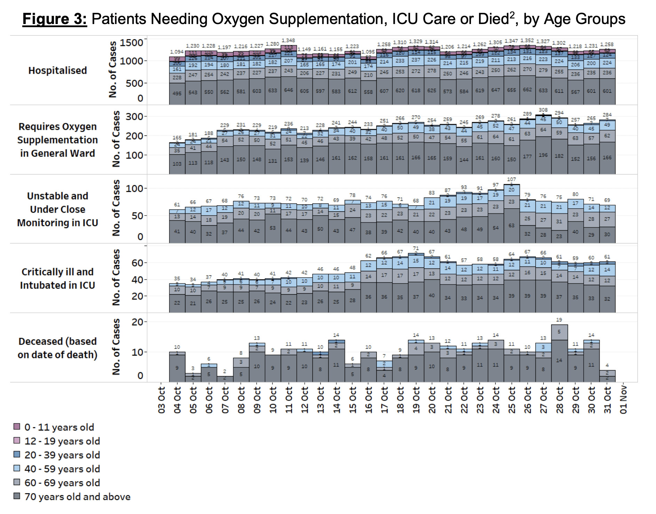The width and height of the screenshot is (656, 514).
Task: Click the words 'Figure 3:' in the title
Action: coord(55,19)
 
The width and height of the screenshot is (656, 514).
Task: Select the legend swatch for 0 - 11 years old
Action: coord(17,427)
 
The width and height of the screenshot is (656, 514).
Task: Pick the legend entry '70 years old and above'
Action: coord(77,497)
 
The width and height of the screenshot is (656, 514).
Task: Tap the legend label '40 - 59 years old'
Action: coord(62,469)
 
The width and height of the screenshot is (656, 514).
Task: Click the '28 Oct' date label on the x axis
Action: coord(559,399)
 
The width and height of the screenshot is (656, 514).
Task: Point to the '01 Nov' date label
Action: coord(623,399)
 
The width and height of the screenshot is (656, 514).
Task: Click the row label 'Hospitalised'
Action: coord(57,70)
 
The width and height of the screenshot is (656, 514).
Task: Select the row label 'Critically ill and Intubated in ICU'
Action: coord(57,278)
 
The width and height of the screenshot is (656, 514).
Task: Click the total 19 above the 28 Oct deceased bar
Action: coord(559,320)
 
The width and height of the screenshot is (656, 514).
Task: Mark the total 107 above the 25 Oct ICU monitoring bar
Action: coord(511,179)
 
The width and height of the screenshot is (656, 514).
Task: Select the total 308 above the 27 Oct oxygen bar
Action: coord(543,110)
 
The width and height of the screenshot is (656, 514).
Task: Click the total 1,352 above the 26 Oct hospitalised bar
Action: coord(527,41)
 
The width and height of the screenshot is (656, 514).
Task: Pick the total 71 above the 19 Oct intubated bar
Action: coord(416,248)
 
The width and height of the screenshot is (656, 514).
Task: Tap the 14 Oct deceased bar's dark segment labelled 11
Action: coord(336,365)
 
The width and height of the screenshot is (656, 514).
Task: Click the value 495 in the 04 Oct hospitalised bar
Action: coord(177,93)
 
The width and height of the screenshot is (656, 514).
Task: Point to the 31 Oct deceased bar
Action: coord(607,376)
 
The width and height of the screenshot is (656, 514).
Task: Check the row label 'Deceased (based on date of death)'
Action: coord(57,348)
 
